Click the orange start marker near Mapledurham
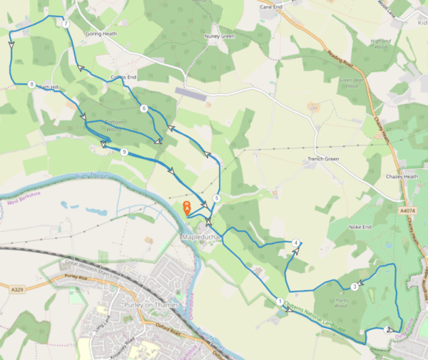[187, 207]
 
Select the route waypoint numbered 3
[354, 287]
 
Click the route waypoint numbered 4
[295, 243]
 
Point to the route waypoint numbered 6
[144, 108]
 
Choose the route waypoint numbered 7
[66, 24]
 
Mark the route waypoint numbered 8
[32, 84]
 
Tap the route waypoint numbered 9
[124, 152]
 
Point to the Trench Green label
[322, 159]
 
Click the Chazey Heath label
[401, 175]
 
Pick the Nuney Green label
[220, 36]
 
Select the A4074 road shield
[407, 210]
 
